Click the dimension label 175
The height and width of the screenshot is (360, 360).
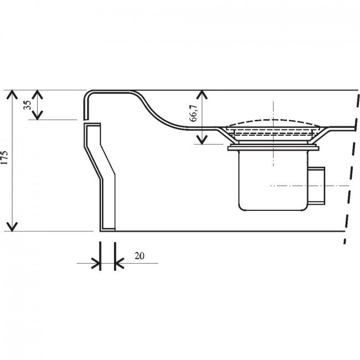tap(5, 157)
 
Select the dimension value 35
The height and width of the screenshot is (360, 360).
tap(27, 105)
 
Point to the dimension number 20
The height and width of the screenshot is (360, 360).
tap(140, 256)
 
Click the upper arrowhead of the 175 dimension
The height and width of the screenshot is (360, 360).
tap(12, 94)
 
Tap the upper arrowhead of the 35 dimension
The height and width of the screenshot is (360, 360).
tap(37, 94)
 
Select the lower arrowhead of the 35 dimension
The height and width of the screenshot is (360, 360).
tap(37, 115)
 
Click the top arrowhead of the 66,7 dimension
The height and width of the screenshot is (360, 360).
tap(202, 94)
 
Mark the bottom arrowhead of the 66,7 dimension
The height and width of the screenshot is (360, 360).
tap(202, 140)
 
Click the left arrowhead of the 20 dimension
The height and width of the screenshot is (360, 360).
tap(96, 263)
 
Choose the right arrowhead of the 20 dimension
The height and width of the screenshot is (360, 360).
tap(120, 263)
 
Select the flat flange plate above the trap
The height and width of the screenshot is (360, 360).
tap(273, 148)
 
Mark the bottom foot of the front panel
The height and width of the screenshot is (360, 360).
tap(107, 229)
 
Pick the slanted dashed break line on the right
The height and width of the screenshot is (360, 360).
tap(351, 167)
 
